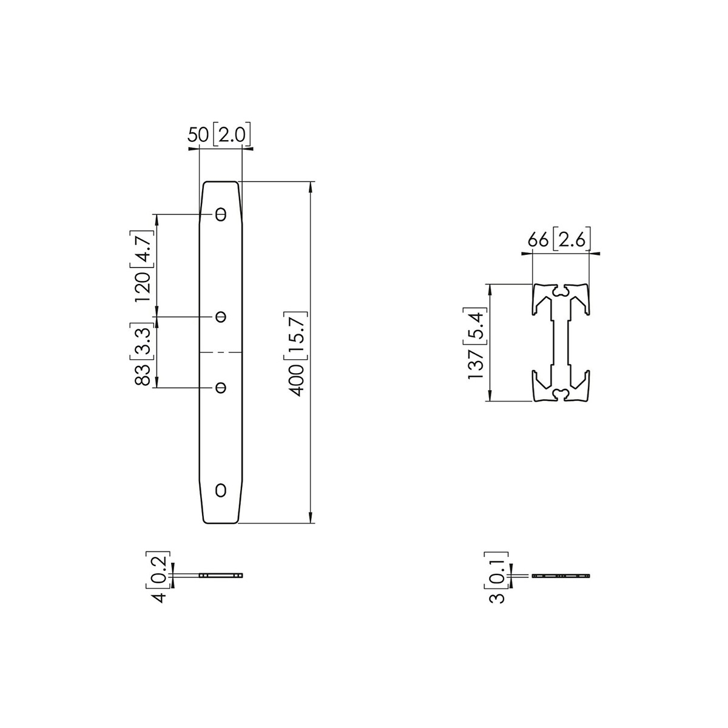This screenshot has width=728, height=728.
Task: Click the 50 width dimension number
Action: (198, 135)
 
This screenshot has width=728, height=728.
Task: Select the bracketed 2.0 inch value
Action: (232, 135)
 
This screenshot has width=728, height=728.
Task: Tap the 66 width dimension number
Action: (538, 240)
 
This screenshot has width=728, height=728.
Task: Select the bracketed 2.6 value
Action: (571, 240)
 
